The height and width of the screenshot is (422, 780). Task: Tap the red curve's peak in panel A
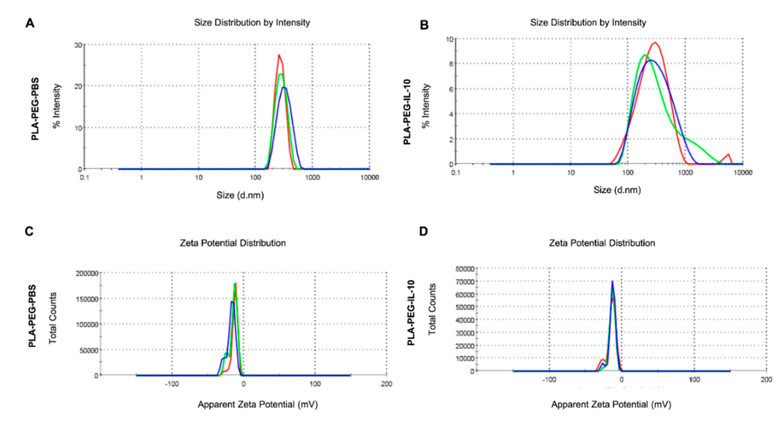click(278, 55)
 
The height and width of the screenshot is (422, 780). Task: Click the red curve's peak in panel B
click(655, 42)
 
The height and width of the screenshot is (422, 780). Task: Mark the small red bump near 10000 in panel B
click(729, 155)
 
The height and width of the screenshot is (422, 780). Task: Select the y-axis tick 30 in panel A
click(78, 45)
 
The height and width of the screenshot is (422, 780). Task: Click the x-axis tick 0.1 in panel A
click(84, 177)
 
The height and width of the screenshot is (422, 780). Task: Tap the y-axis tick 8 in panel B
click(451, 64)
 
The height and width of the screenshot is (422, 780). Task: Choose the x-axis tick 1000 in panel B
click(685, 173)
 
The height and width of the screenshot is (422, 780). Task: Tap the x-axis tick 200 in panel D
click(766, 380)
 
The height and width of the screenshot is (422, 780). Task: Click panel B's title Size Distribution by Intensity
click(588, 22)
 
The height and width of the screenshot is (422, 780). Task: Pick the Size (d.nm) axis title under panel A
click(240, 195)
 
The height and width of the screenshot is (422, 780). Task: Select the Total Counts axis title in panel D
click(432, 309)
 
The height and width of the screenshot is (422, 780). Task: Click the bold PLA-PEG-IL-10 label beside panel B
click(407, 112)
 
